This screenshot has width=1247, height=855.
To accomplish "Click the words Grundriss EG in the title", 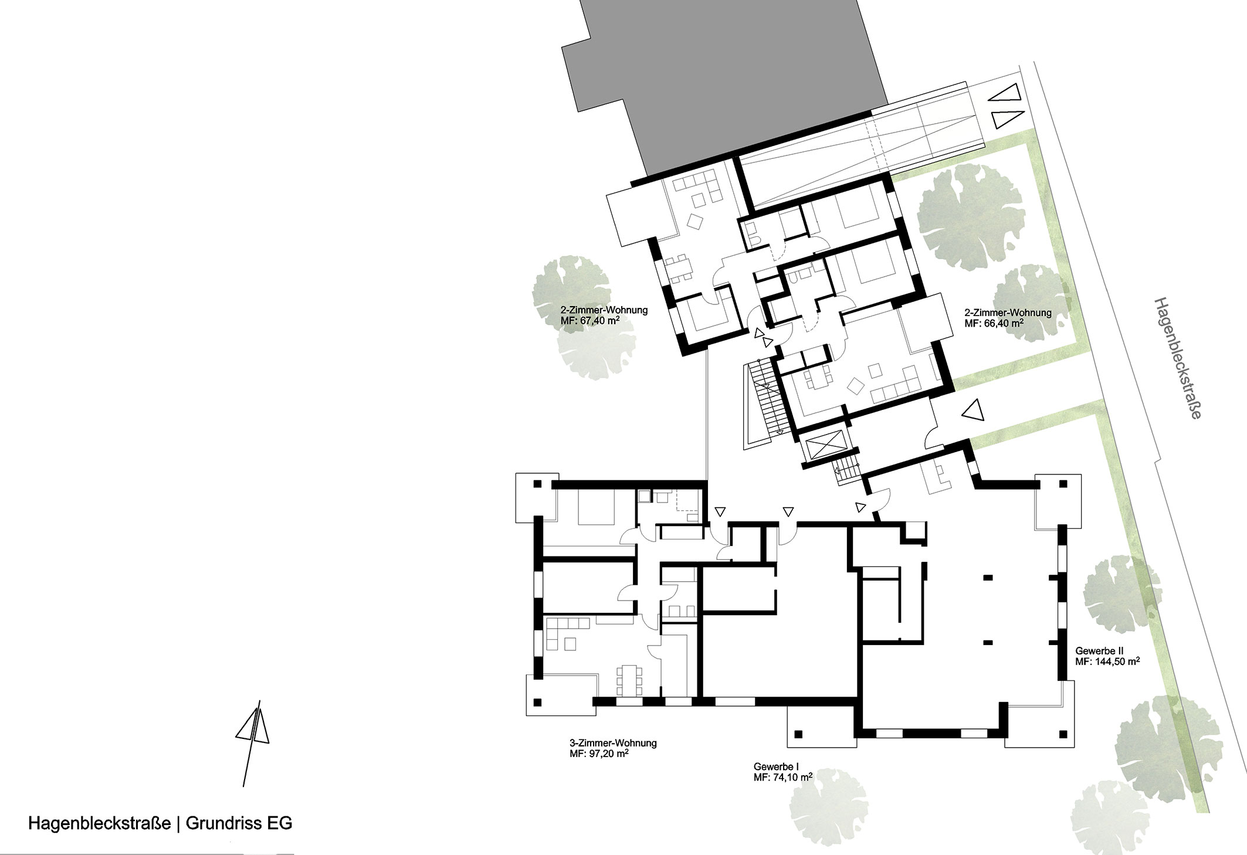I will point(239,823).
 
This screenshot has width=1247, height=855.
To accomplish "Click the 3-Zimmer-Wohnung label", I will point(608,743).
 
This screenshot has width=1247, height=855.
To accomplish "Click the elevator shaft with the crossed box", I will point(824,447).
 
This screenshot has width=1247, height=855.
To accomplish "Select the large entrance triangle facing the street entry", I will point(972,410).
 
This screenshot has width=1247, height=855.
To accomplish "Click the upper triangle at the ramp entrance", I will point(1008,93).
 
